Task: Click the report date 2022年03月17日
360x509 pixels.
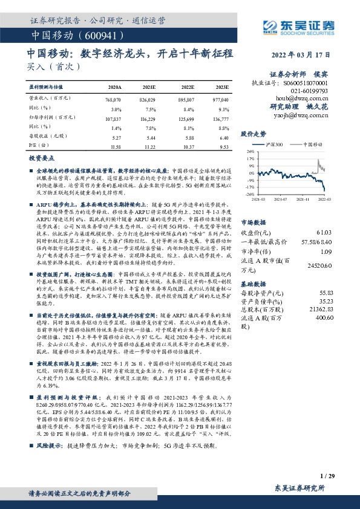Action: point(307,53)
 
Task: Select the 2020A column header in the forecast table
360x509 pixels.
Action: point(113,87)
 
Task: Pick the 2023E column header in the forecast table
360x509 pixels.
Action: point(221,87)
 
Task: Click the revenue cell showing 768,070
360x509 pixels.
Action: point(113,99)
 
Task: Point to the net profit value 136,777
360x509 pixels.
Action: point(220,120)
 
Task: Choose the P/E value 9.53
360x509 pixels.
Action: point(224,146)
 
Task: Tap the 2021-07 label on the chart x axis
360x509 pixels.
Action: point(280,198)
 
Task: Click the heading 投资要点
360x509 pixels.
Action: point(42,157)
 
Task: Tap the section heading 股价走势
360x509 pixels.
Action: point(254,133)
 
